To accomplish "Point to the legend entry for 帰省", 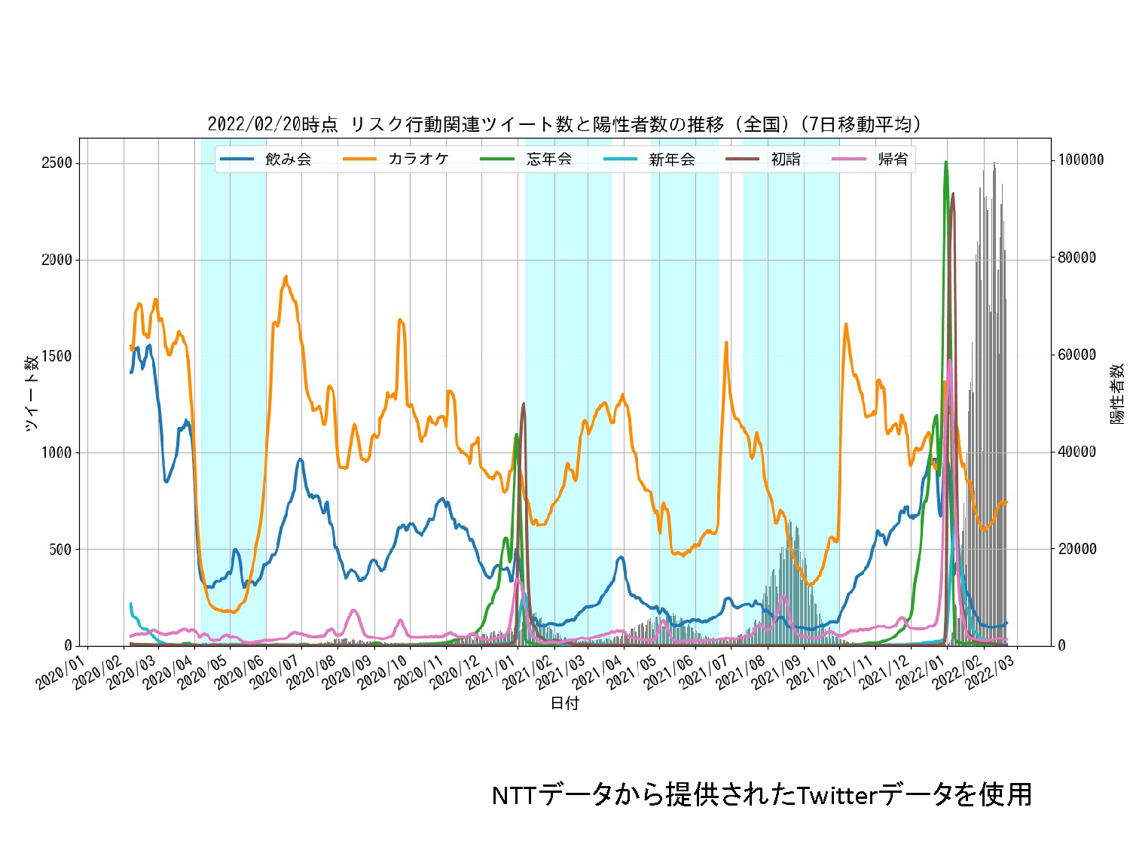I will pyautogui.click(x=893, y=159).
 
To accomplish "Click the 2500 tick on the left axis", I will pyautogui.click(x=56, y=163).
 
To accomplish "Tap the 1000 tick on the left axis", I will pyautogui.click(x=56, y=452).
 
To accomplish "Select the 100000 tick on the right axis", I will pyautogui.click(x=1081, y=160).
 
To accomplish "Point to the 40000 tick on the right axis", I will pyautogui.click(x=1077, y=452).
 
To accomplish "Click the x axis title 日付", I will pyautogui.click(x=565, y=703).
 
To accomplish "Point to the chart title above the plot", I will pyautogui.click(x=564, y=124).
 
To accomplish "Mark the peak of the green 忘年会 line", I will pyautogui.click(x=945, y=163).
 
